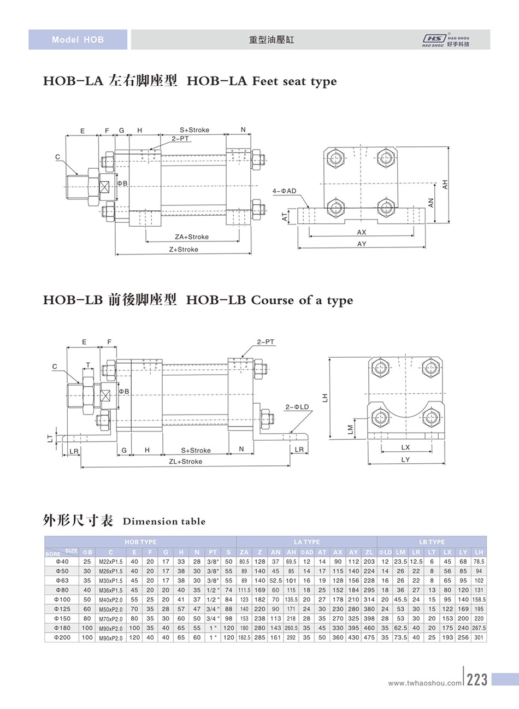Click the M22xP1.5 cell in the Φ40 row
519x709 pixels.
110,562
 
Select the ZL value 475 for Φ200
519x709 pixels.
369,637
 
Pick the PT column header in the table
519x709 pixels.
213,552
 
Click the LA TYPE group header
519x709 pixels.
306,542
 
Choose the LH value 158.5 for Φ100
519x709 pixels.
479,600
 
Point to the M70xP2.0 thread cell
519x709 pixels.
110,619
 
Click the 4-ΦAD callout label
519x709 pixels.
284,191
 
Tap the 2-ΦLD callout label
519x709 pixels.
297,407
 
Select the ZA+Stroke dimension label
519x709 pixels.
191,237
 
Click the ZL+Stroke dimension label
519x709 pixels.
185,462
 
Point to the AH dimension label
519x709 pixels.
445,185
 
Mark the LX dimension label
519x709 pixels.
405,447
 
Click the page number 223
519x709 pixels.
477,680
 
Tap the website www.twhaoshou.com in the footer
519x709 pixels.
424,683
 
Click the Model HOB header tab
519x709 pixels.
78,40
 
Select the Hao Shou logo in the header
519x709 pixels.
445,40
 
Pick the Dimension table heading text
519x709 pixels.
164,522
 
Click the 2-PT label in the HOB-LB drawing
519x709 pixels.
266,342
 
